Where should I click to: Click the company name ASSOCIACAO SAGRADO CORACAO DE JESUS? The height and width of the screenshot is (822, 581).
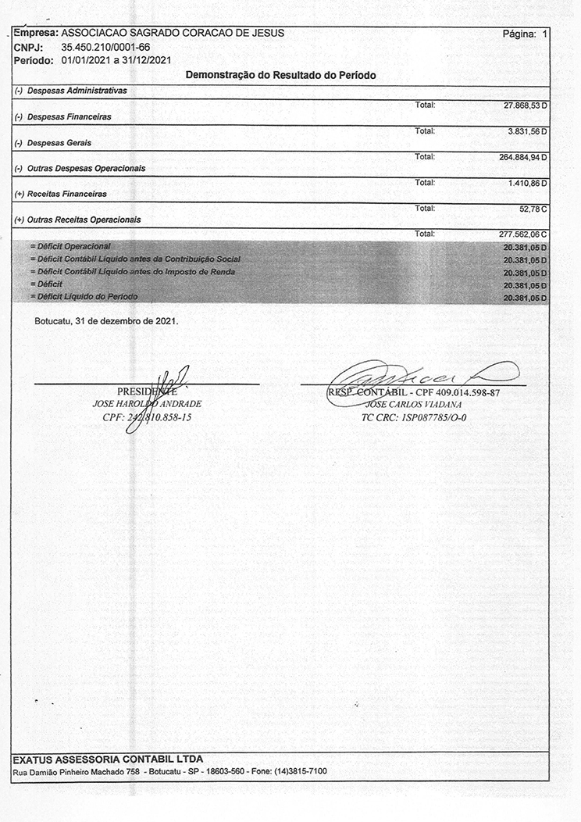pos(172,34)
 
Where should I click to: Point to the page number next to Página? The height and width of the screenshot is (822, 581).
pos(545,34)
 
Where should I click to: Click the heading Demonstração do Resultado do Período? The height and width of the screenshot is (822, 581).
pos(281,76)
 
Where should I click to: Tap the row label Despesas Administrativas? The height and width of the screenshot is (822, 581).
pos(77,91)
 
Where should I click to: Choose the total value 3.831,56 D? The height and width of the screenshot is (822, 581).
pos(528,130)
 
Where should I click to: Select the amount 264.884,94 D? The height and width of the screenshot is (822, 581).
pos(523,157)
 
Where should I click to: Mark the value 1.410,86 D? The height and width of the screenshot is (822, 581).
pos(528,183)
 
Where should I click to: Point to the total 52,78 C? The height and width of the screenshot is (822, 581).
pos(533,209)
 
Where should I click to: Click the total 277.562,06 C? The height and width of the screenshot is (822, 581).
pos(523,234)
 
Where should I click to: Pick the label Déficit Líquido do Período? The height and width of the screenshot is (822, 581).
pos(84,298)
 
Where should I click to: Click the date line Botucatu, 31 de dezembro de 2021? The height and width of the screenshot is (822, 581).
pos(107,321)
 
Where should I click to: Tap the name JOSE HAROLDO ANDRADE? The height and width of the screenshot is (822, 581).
pos(147,404)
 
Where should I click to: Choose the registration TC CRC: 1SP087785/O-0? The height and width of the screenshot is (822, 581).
pos(414,417)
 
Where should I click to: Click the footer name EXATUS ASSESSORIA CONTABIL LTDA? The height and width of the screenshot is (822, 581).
pos(108,759)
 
